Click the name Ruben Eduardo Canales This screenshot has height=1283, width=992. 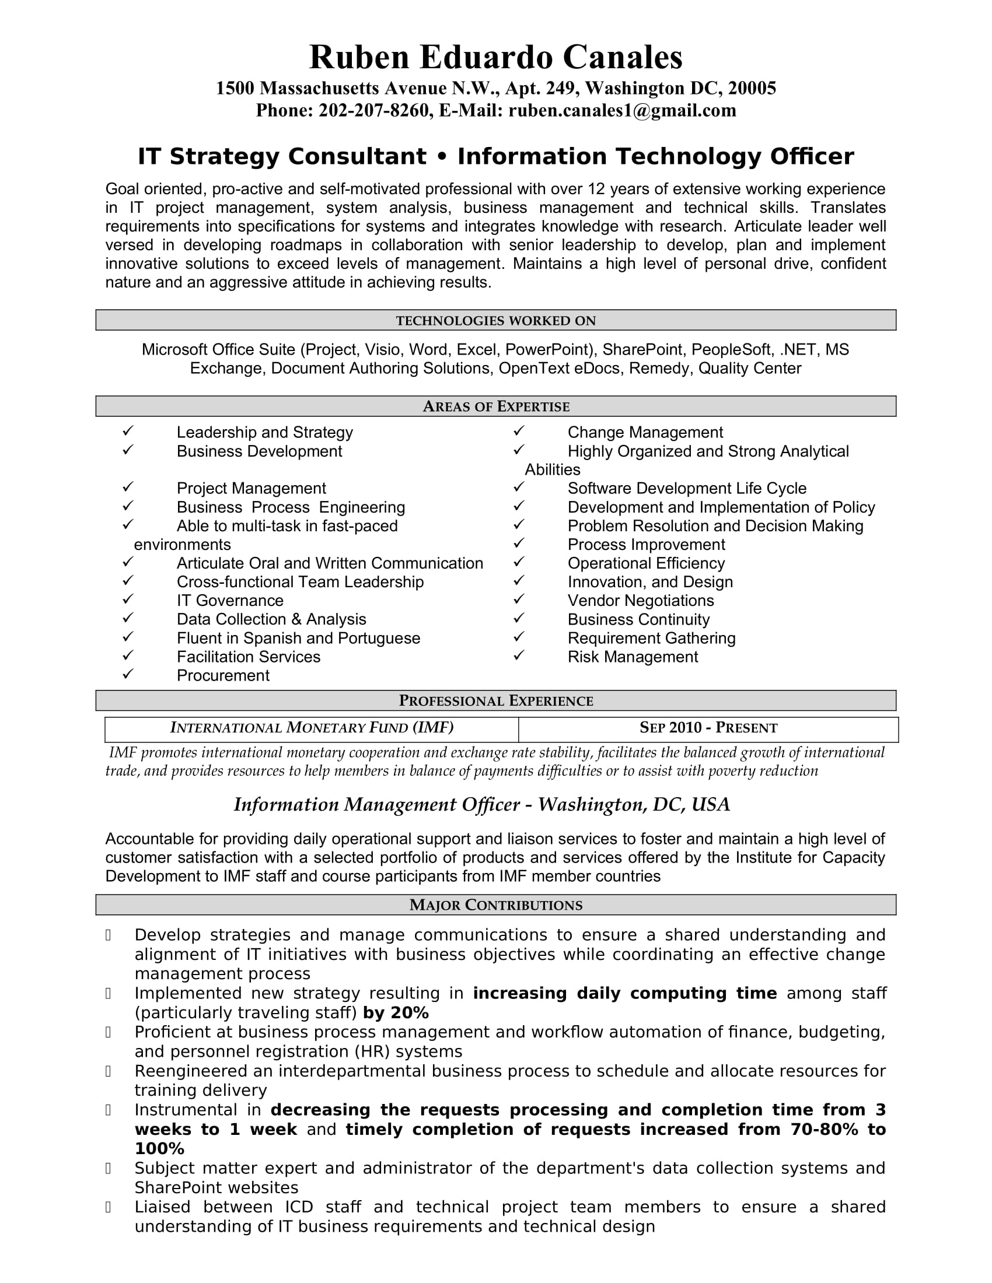pos(495,58)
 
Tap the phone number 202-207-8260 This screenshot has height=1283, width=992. pos(373,110)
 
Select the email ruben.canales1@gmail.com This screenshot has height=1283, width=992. pos(622,110)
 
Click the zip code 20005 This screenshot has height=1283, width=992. pos(752,88)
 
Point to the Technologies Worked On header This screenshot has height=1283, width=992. pos(495,321)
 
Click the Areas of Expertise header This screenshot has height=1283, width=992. pos(495,406)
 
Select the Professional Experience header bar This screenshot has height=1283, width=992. pos(495,701)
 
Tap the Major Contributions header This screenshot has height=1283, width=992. pos(495,905)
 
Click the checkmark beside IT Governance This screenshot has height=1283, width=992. pos(128,600)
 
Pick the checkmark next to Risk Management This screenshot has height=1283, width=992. pos(518,655)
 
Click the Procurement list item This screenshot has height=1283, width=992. pos(223,675)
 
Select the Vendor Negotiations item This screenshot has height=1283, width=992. pos(641,600)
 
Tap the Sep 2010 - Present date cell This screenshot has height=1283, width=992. pos(708,728)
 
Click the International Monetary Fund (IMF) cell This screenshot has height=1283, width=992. pos(312,728)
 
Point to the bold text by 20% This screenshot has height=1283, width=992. pos(396,1013)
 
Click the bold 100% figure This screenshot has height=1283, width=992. pos(159,1148)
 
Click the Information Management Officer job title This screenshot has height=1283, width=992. pos(377,805)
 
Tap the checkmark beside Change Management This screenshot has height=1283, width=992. pos(518,431)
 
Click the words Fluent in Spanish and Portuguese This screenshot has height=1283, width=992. pos(298,638)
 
